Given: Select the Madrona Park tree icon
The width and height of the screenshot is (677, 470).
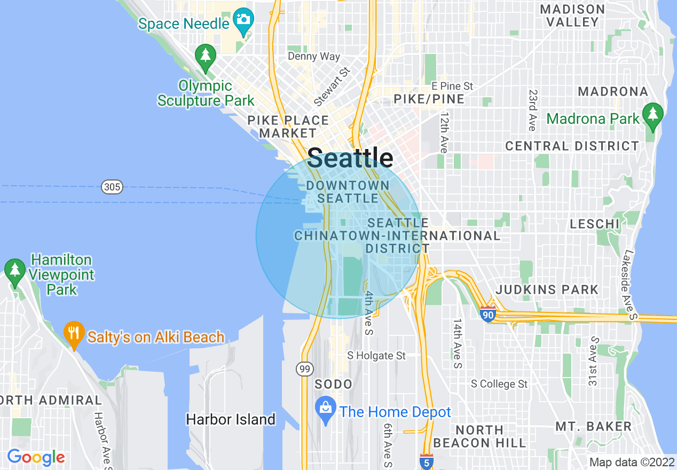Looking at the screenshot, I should click(x=652, y=115).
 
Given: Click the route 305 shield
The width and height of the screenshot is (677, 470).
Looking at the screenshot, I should click(x=112, y=187).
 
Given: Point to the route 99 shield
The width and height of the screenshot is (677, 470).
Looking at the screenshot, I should click(x=304, y=369).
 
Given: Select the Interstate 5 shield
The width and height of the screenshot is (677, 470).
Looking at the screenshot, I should click(x=426, y=462).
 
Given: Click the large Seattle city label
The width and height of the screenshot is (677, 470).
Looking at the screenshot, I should click(x=350, y=159).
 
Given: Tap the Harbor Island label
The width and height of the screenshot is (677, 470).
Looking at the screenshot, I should click(x=231, y=420).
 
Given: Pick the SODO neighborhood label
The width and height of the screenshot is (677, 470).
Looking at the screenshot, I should click(x=334, y=385).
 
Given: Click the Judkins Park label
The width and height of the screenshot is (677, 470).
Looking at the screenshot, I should click(x=547, y=290).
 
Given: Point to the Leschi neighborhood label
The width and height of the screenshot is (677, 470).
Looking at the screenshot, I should click(x=594, y=224).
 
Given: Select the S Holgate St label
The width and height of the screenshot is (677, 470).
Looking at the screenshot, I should click(x=376, y=356).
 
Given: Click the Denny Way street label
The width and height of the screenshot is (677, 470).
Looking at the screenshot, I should click(x=314, y=57).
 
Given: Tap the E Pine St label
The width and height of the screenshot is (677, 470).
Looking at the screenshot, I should click(x=452, y=86).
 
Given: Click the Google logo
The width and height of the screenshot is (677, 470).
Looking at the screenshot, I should click(x=36, y=458).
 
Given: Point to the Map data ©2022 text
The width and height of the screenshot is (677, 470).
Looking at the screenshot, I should click(x=632, y=462).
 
